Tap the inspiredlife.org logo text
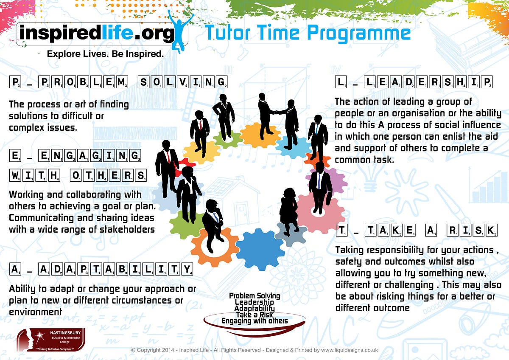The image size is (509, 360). pyautogui.click(x=96, y=33)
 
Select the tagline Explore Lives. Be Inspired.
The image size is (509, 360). pyautogui.click(x=105, y=54)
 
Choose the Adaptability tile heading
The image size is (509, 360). pyautogui.click(x=101, y=269)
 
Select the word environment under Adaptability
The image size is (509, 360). pyautogui.click(x=36, y=312)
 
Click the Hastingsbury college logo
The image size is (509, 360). pyautogui.click(x=51, y=340)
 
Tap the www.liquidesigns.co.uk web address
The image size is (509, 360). pyautogui.click(x=350, y=350)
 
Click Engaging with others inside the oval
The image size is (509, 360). pyautogui.click(x=255, y=321)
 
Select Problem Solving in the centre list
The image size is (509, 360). pyautogui.click(x=255, y=296)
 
